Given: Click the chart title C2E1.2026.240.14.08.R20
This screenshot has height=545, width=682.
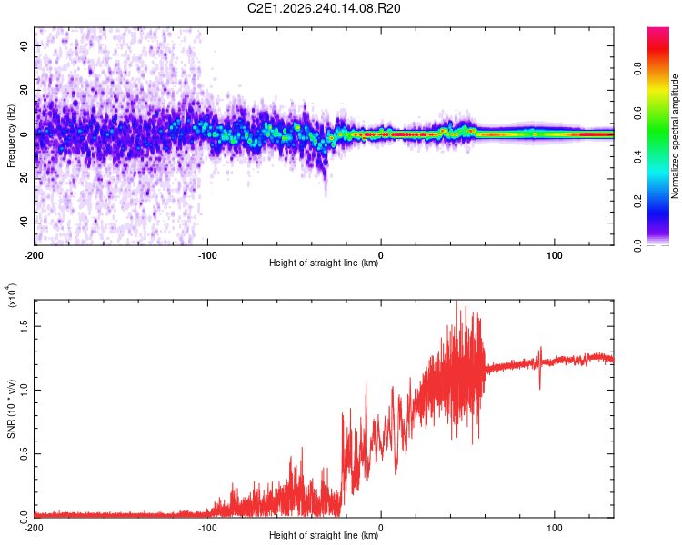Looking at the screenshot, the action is tap(324, 8).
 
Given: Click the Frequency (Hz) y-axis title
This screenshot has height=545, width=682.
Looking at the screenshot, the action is tap(11, 136).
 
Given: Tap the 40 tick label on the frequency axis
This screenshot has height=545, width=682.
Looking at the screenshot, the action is tap(25, 46).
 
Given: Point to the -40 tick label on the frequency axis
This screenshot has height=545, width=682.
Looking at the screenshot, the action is tap(25, 223).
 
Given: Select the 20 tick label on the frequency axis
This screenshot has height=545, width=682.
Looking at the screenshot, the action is tap(25, 91).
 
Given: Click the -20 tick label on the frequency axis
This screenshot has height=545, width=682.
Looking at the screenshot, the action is tap(25, 179).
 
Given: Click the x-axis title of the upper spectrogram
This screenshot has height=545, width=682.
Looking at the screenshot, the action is tap(324, 263).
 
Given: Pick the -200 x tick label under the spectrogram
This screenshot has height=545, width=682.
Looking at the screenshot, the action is tap(34, 255).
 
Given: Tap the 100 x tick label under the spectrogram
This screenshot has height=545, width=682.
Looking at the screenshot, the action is tap(554, 255).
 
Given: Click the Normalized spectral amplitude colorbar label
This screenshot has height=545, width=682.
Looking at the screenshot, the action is tap(675, 136).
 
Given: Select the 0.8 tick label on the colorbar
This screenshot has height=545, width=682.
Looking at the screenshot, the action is tap(637, 69).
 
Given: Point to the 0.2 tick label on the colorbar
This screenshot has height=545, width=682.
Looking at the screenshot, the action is tap(637, 202).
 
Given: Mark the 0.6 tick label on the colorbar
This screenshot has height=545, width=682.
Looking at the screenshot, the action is tap(637, 113).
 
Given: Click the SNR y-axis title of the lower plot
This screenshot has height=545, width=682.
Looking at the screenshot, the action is tap(11, 409).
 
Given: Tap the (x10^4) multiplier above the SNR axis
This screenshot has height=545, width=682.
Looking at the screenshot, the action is tap(11, 295).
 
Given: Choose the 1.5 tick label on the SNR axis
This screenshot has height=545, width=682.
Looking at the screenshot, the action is tap(25, 326).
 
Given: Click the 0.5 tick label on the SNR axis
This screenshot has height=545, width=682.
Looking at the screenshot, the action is tap(25, 454).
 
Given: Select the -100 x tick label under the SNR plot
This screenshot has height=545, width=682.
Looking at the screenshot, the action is tap(207, 528).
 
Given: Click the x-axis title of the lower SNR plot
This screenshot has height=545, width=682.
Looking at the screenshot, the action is tap(324, 535).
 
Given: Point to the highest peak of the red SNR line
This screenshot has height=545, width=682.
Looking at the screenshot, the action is tap(456, 301).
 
